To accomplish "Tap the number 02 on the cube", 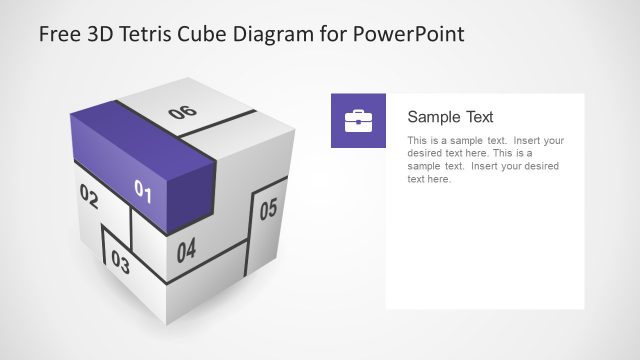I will pos(88,198).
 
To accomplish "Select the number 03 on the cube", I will pos(120,263).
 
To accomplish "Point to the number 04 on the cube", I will pos(186,250).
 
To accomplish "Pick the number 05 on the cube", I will pos(268,210).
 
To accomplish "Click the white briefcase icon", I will pos(358,121).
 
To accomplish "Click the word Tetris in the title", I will pos(147,35).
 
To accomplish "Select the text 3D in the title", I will pos(99,35).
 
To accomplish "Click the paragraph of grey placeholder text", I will pos(485,160).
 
